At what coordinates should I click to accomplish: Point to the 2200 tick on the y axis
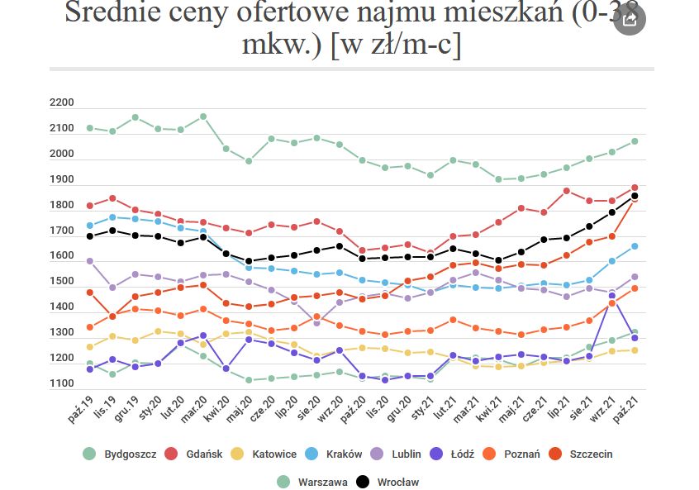click(x=61, y=102)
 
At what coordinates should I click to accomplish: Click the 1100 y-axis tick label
click(x=61, y=383)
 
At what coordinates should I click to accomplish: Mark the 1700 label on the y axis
click(x=61, y=231)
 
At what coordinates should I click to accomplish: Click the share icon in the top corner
click(x=630, y=18)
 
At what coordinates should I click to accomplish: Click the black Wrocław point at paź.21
click(x=635, y=197)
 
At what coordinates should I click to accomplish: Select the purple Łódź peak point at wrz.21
click(x=612, y=296)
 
